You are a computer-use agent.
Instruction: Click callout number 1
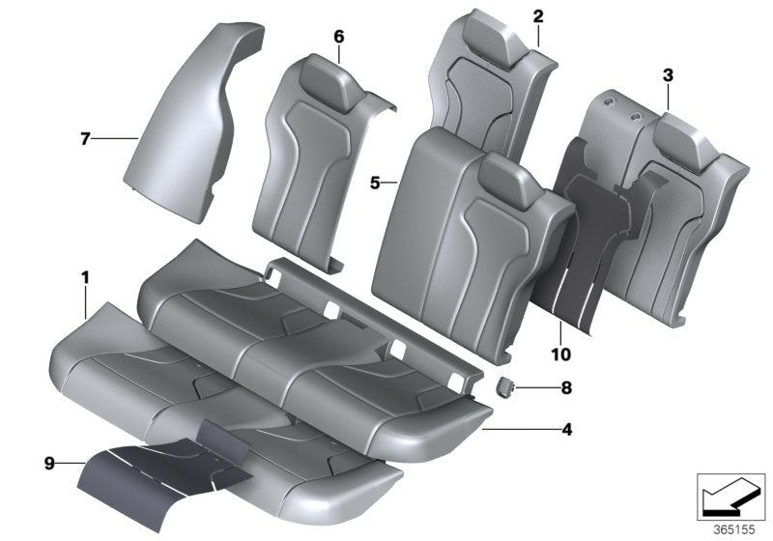(85, 278)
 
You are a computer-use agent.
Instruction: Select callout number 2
(538, 15)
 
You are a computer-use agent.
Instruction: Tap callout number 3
(668, 74)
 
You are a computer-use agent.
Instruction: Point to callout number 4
(567, 429)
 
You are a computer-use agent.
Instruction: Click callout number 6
(338, 36)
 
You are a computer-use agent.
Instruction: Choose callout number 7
(85, 140)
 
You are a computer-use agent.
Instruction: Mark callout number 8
(566, 388)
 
